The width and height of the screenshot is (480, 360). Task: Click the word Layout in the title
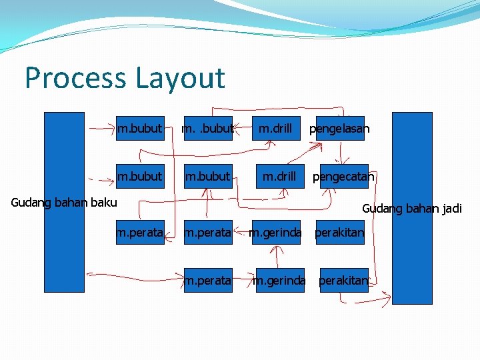pyautogui.click(x=180, y=78)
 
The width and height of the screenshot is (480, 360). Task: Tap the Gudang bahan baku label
pyautogui.click(x=64, y=202)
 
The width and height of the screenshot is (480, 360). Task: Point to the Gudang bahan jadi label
pyautogui.click(x=411, y=209)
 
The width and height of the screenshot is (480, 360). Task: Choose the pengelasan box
pyautogui.click(x=339, y=129)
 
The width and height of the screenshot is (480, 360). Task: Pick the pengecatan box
pyautogui.click(x=343, y=177)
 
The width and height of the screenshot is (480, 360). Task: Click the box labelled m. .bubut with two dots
pyautogui.click(x=207, y=129)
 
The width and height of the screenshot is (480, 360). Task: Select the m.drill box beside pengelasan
pyautogui.click(x=275, y=129)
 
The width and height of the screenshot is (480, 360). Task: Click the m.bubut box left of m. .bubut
pyautogui.click(x=140, y=129)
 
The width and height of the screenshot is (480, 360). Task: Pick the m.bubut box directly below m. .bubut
pyautogui.click(x=207, y=177)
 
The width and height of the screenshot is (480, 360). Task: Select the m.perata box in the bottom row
pyautogui.click(x=208, y=281)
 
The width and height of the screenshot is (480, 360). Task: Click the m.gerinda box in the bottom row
pyautogui.click(x=279, y=281)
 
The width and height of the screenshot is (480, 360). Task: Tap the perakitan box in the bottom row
pyautogui.click(x=343, y=281)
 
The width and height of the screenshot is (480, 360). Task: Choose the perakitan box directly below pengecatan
pyautogui.click(x=339, y=233)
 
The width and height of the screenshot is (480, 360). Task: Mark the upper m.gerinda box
pyautogui.click(x=275, y=233)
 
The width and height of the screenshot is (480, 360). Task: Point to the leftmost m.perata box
pyautogui.click(x=140, y=233)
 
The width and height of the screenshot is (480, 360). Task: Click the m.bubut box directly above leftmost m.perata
pyautogui.click(x=140, y=177)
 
